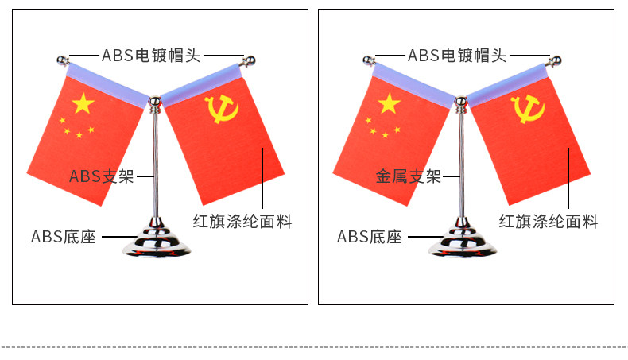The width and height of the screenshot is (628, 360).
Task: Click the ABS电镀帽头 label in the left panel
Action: (x=151, y=55)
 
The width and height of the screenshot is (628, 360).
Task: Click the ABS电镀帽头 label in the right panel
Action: (x=457, y=55)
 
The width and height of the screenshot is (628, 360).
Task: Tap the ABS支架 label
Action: (x=102, y=176)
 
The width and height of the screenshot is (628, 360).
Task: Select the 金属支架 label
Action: (x=408, y=176)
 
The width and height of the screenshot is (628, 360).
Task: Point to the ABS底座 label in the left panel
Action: (x=64, y=237)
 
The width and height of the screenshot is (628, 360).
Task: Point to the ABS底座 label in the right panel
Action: (x=370, y=237)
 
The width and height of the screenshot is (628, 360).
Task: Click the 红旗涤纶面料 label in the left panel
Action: (x=242, y=222)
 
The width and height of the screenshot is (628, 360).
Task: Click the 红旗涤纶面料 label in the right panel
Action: (x=549, y=222)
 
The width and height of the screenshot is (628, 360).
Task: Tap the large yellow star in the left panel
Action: (x=83, y=103)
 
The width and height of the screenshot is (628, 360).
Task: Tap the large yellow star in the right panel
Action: (x=389, y=103)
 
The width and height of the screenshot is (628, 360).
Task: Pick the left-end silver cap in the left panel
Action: (x=61, y=59)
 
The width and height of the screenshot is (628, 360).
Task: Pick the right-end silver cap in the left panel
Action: (x=250, y=60)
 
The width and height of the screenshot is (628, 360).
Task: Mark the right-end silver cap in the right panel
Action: (x=556, y=60)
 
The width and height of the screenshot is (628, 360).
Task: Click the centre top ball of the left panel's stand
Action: (x=155, y=101)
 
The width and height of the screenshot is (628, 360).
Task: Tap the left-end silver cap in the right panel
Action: (x=367, y=59)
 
